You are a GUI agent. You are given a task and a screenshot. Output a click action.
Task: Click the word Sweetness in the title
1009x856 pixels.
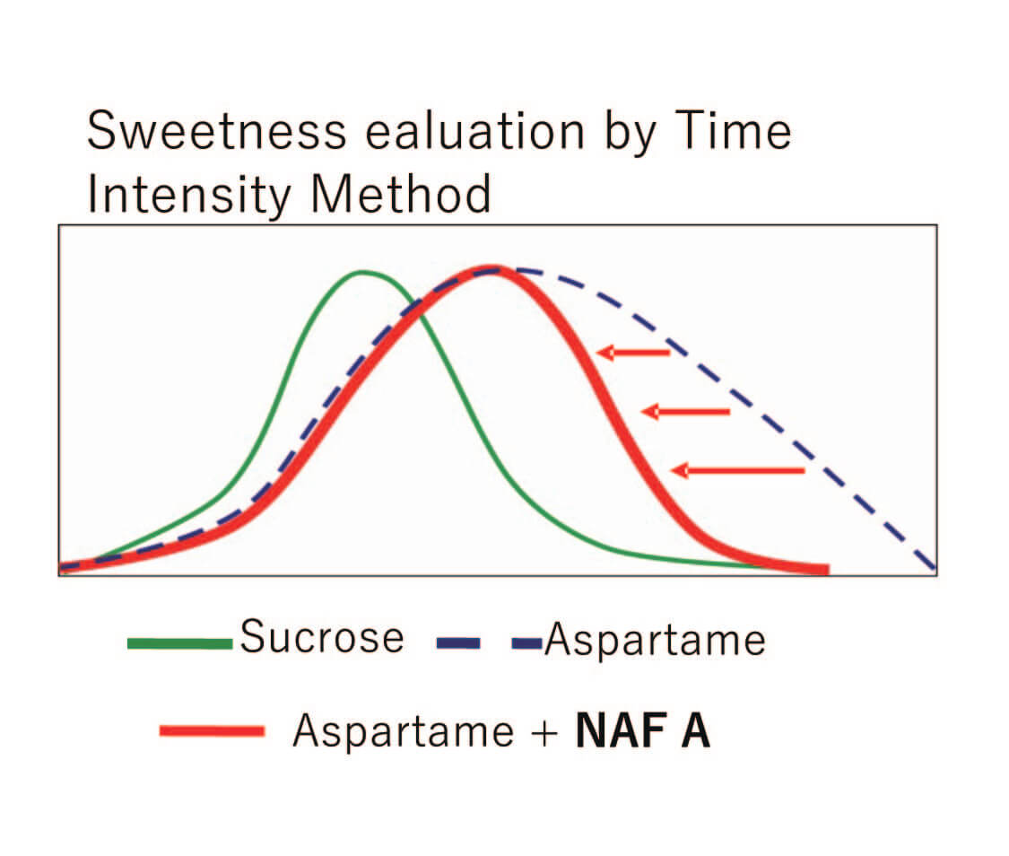point(217,131)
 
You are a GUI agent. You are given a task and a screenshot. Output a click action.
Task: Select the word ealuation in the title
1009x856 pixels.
point(474,131)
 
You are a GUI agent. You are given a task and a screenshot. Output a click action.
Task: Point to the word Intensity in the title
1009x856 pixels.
point(189,194)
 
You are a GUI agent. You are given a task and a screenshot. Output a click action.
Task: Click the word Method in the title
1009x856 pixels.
point(401,194)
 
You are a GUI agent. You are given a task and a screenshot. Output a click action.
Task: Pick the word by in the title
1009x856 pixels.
point(630,134)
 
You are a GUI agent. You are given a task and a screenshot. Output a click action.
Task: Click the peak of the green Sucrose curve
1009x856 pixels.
point(362,272)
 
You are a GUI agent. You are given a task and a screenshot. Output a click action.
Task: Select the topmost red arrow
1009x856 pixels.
point(633,352)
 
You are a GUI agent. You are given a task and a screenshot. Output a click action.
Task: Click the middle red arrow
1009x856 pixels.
point(686,411)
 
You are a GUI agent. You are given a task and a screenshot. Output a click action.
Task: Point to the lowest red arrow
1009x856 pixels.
point(738,470)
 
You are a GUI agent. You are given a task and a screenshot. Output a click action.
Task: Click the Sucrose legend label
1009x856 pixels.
point(322,637)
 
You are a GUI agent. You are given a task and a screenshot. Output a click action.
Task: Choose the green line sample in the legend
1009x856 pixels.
point(180,643)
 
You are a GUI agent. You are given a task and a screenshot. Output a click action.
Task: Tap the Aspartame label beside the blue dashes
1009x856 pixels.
point(656,640)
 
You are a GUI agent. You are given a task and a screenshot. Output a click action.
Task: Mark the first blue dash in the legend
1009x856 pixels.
point(458,643)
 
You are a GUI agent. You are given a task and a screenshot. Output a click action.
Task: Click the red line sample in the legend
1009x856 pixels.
point(213,730)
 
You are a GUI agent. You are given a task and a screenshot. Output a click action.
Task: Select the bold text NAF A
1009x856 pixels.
point(643,731)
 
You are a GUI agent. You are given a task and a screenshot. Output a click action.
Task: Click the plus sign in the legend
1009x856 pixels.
point(545,733)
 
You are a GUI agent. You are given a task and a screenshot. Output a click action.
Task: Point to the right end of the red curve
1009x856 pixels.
point(828,569)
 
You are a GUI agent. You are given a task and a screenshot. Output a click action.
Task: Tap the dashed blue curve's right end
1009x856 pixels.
point(934,568)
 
